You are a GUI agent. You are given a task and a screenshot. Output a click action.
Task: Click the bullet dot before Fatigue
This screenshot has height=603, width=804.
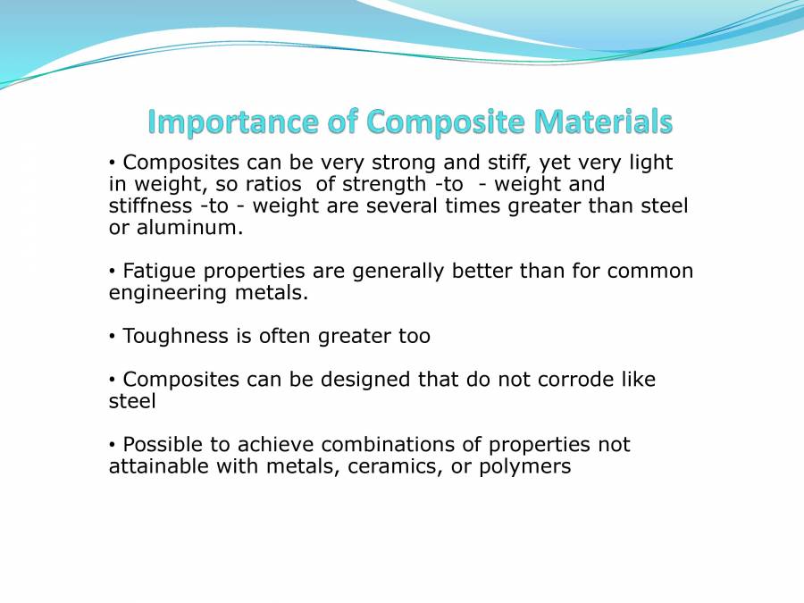113,271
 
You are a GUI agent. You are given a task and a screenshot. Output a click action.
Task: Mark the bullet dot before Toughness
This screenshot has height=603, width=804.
113,336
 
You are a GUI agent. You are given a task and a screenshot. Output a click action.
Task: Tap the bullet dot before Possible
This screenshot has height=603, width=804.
113,444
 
